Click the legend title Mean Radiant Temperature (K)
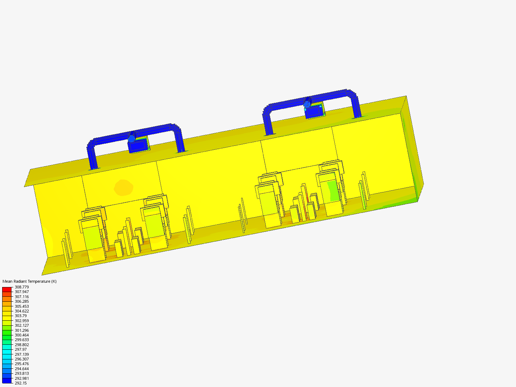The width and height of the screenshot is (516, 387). (x=29, y=281)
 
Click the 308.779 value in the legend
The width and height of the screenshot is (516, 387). (x=21, y=287)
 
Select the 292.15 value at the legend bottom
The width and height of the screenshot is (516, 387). (x=21, y=383)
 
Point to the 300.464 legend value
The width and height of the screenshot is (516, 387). (x=21, y=335)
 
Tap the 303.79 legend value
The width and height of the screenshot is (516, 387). (x=21, y=316)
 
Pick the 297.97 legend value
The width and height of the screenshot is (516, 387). (x=21, y=349)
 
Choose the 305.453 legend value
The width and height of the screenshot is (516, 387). (x=21, y=306)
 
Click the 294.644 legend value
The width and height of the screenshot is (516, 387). (x=21, y=369)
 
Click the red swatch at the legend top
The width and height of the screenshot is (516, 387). (x=7, y=290)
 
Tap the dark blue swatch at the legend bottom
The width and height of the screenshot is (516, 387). (x=7, y=381)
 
